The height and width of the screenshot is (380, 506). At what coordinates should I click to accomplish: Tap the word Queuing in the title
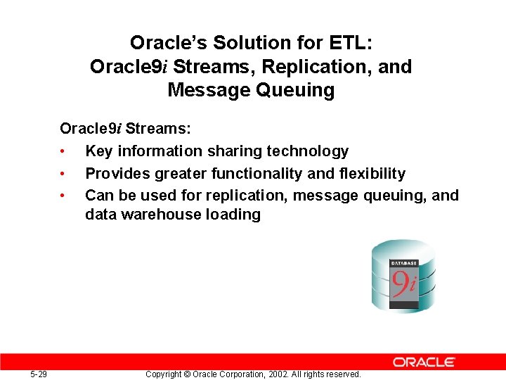coord(292,90)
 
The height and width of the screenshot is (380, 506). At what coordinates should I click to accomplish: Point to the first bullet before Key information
coord(63,151)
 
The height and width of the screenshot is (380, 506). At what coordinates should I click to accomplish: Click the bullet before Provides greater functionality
coord(63,174)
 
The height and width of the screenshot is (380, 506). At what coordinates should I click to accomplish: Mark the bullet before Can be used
coord(63,196)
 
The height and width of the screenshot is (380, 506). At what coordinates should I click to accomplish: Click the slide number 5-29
coord(39,374)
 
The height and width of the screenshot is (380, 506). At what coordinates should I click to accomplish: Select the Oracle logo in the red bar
coord(424,362)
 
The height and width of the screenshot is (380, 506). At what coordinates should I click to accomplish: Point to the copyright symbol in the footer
coord(186,374)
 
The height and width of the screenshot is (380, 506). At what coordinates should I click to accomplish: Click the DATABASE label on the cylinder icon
coord(404,263)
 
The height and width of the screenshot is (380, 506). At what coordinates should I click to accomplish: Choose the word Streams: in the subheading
coord(158,129)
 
